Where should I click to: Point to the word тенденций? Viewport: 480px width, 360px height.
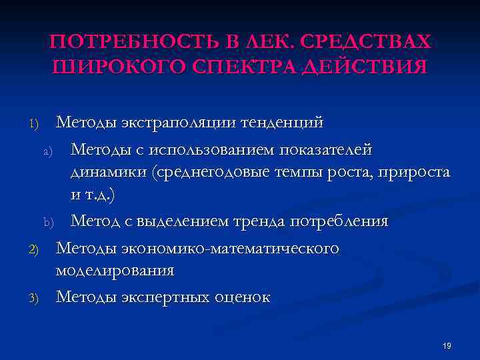tap(282, 123)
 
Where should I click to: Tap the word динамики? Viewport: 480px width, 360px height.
tap(109, 173)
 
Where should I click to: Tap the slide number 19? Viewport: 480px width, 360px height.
tap(447, 346)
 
